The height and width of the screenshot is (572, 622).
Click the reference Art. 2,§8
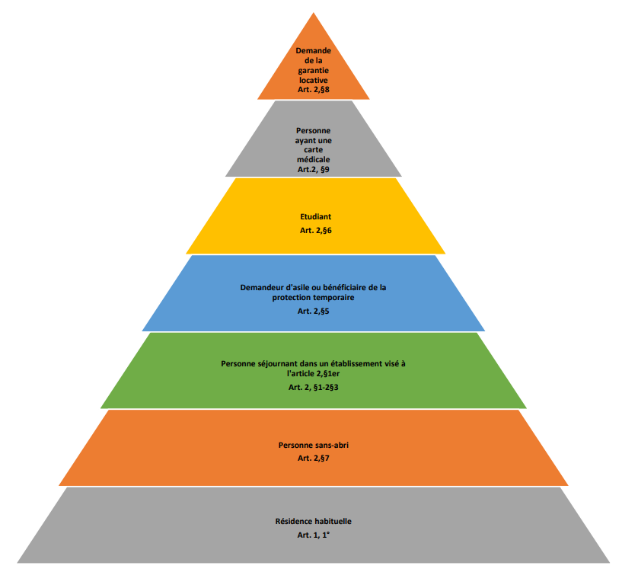click(x=313, y=90)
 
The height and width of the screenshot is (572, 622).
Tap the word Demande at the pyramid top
click(x=313, y=51)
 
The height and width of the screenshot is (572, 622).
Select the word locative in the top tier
click(x=313, y=80)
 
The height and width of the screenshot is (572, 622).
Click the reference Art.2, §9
click(x=313, y=170)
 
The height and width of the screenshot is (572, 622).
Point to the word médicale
click(x=313, y=160)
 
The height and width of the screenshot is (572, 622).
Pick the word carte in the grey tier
click(x=313, y=150)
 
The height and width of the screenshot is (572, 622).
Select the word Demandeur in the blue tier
click(x=265, y=287)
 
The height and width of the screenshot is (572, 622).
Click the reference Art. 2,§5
click(x=313, y=311)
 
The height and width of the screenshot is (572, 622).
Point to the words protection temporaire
click(x=313, y=297)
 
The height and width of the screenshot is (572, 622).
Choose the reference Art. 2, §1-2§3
click(x=313, y=388)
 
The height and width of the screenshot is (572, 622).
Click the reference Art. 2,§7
click(x=313, y=457)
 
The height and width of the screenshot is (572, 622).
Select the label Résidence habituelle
click(x=313, y=521)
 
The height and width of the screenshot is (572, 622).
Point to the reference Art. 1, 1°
click(x=313, y=535)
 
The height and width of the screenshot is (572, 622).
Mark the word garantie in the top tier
click(x=313, y=70)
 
